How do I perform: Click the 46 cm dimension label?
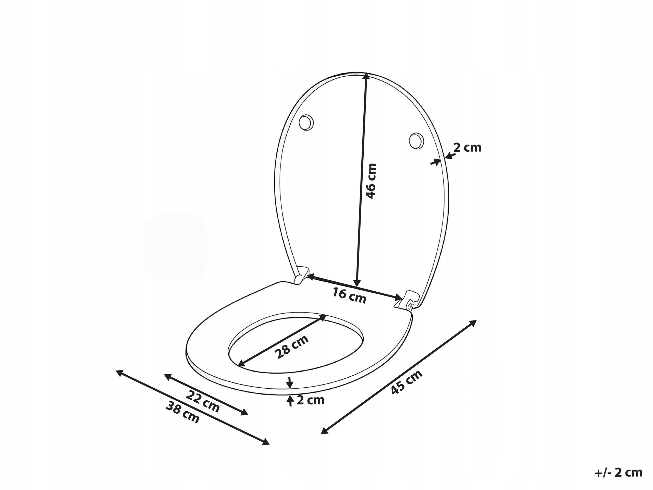pos(371,181)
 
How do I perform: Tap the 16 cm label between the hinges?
pos(350,296)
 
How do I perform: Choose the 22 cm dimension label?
pos(203,401)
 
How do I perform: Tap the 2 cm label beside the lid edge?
pos(467,147)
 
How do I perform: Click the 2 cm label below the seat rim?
pos(311,400)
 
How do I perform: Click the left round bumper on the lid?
pos(306,122)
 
